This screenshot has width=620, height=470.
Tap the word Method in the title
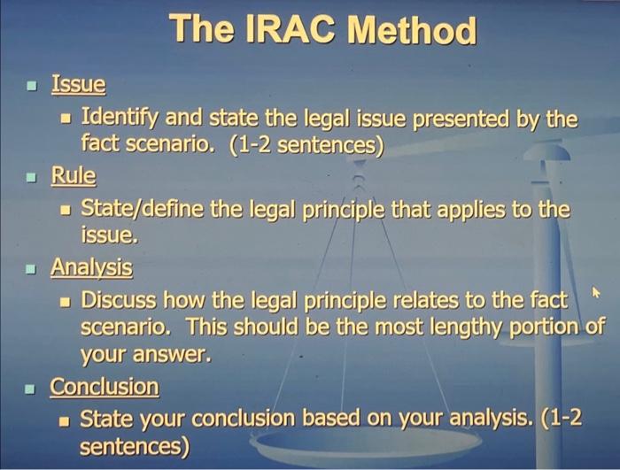pyautogui.click(x=411, y=32)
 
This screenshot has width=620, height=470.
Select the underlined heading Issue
pyautogui.click(x=78, y=85)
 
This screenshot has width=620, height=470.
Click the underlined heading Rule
pyautogui.click(x=73, y=175)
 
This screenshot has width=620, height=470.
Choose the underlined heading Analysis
pyautogui.click(x=91, y=266)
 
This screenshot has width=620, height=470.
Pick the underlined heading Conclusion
pyautogui.click(x=105, y=387)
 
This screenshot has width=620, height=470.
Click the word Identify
pyautogui.click(x=117, y=117)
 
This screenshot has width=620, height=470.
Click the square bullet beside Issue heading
pyautogui.click(x=32, y=87)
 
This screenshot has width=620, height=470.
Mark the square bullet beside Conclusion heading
pyautogui.click(x=32, y=389)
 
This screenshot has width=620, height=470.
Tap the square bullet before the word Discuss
pyautogui.click(x=64, y=301)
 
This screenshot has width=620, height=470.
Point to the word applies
pyautogui.click(x=477, y=210)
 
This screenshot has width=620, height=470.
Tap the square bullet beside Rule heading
pyautogui.click(x=32, y=177)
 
